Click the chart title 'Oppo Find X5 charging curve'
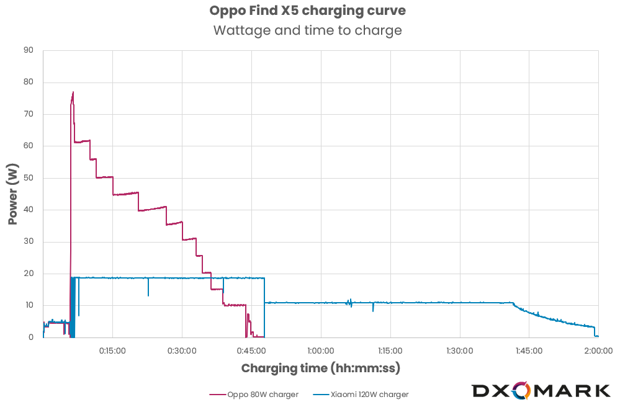[307, 11]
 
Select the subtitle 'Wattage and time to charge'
[307, 30]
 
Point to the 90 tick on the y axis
[29, 50]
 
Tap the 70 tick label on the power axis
[29, 114]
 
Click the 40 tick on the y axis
[29, 210]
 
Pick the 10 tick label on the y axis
[29, 305]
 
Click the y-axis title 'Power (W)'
[13, 194]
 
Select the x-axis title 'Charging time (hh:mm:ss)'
[320, 368]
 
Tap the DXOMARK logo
[541, 390]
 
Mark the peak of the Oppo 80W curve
[73, 92]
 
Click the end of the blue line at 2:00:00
[597, 336]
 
